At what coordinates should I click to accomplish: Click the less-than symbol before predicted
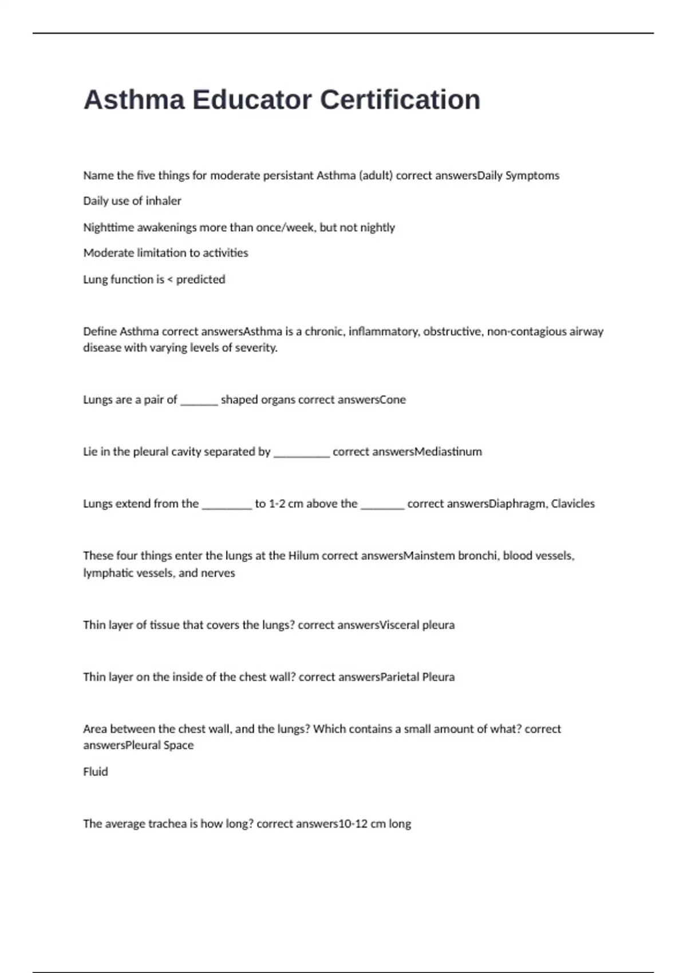click(169, 280)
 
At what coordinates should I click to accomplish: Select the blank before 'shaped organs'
click(199, 400)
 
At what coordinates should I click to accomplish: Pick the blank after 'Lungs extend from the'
click(227, 504)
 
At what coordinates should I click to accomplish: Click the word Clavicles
click(572, 504)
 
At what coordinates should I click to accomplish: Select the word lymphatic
click(107, 573)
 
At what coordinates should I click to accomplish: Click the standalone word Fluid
click(96, 772)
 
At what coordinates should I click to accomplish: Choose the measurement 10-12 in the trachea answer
click(353, 824)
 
